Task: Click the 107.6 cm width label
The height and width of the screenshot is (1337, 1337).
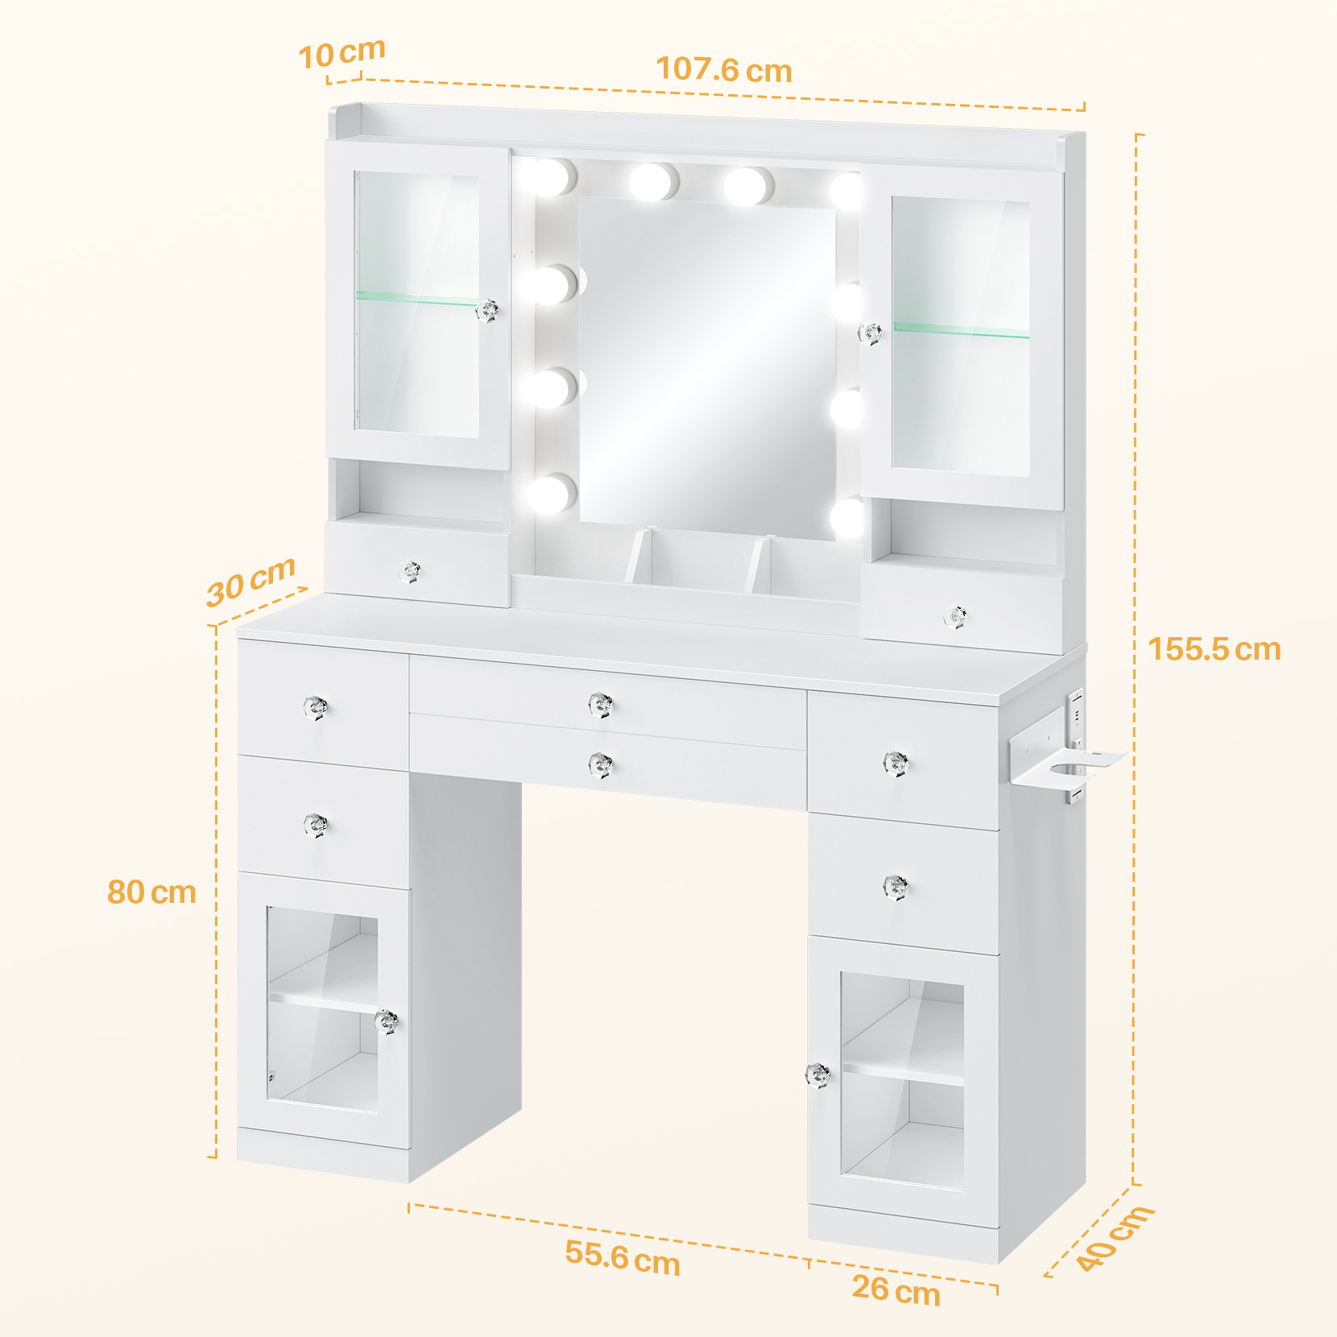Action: [724, 70]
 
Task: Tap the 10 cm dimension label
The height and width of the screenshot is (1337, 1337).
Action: [341, 54]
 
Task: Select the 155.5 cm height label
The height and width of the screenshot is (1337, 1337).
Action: [1215, 649]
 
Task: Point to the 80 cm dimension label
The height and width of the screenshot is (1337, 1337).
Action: [152, 892]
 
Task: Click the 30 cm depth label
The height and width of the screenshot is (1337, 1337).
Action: [250, 581]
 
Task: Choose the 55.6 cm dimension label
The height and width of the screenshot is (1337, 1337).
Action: [623, 1257]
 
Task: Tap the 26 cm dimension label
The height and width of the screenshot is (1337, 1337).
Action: [896, 1290]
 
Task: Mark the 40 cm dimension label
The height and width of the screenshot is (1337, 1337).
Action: [1115, 1238]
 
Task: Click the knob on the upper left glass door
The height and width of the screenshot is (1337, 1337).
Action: [486, 310]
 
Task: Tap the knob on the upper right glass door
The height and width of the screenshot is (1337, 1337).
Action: [870, 333]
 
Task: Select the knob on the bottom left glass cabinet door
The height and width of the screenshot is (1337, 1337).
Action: [387, 1021]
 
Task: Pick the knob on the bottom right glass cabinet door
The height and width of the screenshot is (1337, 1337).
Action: [818, 1074]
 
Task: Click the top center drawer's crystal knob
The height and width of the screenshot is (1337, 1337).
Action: [601, 705]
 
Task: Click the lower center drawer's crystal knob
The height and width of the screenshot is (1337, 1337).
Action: [601, 764]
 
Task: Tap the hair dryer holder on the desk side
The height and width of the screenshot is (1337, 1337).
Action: [1066, 761]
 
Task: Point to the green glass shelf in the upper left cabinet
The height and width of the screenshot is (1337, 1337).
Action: [417, 299]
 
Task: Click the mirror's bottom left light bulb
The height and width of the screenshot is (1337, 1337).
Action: [552, 494]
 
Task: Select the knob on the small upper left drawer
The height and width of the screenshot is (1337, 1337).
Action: [412, 572]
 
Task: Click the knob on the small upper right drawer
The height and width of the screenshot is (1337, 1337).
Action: [956, 618]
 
